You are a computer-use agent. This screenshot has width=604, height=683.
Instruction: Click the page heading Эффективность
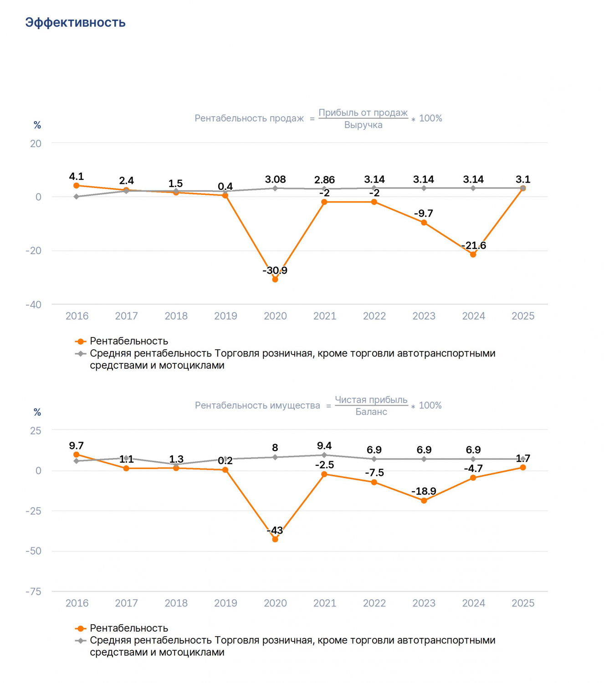point(75,23)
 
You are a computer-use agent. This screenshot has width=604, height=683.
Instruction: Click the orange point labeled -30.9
point(275,279)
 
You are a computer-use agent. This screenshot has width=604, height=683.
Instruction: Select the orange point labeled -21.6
point(473,254)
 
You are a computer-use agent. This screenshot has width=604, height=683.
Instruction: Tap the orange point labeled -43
point(275,539)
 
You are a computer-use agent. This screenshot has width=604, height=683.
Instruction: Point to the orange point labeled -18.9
point(424,500)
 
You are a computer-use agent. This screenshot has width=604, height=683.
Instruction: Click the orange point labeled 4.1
point(76,185)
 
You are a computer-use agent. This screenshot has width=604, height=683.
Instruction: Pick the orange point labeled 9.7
point(76,454)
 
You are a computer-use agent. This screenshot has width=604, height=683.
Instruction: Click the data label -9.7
point(423,214)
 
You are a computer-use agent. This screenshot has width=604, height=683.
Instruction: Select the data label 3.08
point(275,179)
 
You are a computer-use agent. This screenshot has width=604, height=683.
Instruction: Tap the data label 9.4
point(324,446)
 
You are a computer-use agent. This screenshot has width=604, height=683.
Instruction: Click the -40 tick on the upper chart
point(33,305)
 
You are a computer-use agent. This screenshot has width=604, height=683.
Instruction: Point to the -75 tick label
point(33,591)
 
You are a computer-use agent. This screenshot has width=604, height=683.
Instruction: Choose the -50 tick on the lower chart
point(33,551)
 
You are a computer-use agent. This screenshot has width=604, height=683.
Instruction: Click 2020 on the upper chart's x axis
point(275,316)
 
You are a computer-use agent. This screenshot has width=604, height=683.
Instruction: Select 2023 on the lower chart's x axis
point(424,603)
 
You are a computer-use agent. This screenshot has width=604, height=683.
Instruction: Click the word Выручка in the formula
point(363,125)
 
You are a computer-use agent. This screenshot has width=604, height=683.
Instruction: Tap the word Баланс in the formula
point(371,412)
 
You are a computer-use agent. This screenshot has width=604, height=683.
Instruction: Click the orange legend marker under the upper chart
point(80,341)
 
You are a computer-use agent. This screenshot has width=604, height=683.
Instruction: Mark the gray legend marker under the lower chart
point(80,641)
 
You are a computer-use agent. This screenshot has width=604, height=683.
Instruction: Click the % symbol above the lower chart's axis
point(37,412)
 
